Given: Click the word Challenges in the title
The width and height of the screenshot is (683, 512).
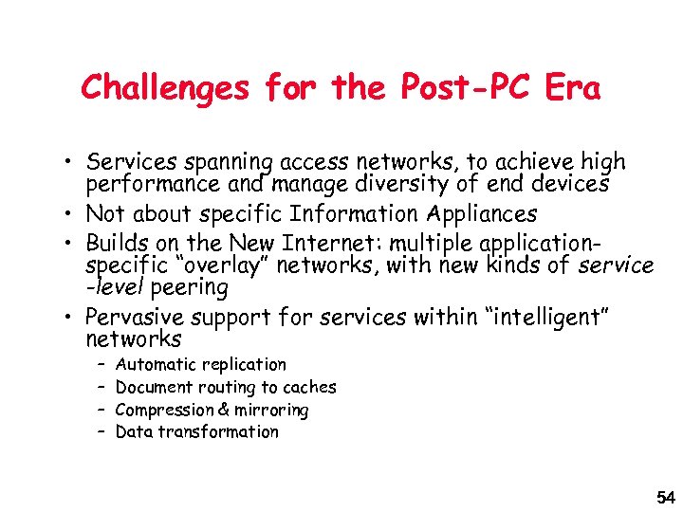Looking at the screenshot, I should (167, 89).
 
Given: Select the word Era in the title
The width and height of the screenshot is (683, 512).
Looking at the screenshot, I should (573, 89).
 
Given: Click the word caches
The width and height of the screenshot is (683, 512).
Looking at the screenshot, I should (309, 387).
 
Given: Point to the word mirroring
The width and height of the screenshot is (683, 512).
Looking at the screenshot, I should (271, 411).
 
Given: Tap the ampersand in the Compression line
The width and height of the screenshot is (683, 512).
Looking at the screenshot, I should (224, 411).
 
